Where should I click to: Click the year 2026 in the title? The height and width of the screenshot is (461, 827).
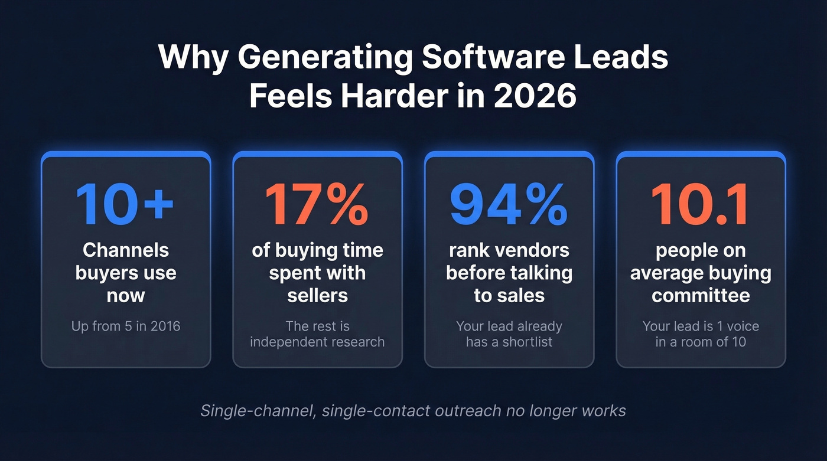click(x=535, y=95)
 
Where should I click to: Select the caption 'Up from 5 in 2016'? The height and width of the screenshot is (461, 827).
click(x=125, y=326)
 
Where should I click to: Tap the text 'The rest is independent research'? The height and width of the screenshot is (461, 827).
click(x=317, y=334)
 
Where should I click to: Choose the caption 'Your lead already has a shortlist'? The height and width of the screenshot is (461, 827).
click(x=509, y=334)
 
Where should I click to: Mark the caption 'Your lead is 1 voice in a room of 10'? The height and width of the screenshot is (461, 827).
click(x=701, y=334)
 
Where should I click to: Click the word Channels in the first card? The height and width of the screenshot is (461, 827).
click(x=125, y=250)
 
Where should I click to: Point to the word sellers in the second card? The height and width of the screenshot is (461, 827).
click(x=317, y=295)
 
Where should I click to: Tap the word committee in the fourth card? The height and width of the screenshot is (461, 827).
click(x=701, y=295)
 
